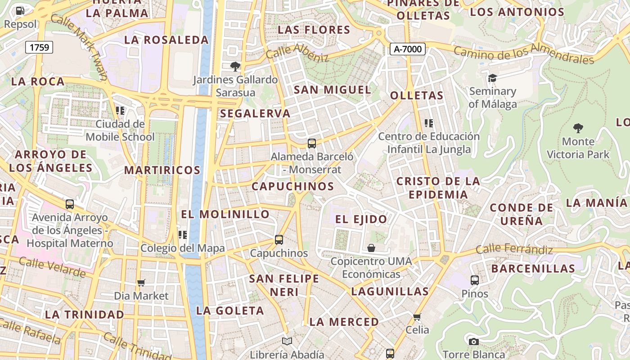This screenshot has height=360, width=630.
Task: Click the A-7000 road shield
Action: (407, 49)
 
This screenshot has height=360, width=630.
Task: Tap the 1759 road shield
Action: (39, 47)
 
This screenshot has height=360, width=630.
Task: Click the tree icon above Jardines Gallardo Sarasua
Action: (235, 67)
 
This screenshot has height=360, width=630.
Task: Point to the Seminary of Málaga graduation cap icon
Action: (492, 78)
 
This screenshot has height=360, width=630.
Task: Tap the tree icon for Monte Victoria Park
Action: (578, 128)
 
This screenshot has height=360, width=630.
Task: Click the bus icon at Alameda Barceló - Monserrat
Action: (312, 144)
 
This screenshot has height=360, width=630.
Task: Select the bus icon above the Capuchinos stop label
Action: (279, 240)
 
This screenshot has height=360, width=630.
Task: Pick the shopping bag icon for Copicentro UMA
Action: (371, 248)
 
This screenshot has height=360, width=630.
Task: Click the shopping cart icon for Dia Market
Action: (141, 283)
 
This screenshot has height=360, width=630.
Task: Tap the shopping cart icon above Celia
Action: (417, 317)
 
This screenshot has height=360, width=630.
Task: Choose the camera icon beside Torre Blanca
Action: (473, 342)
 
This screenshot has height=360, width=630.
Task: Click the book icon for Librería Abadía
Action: (287, 342)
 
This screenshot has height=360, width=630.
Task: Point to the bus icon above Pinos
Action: (475, 280)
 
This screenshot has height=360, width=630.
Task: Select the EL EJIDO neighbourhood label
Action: (361, 219)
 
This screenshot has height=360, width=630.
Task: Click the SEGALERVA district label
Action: (255, 113)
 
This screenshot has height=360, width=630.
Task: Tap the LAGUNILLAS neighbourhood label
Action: (390, 291)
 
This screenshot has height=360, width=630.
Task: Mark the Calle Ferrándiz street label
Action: (514, 249)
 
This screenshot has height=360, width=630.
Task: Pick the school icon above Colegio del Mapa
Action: (183, 235)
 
